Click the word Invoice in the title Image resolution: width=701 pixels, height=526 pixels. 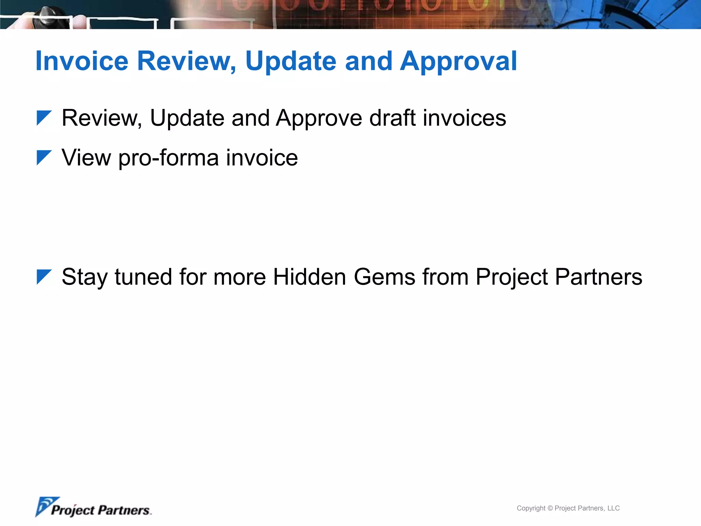coord(82,61)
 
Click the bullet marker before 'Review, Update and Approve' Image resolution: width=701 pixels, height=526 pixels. coord(44,118)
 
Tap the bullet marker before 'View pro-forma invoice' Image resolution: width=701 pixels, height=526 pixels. coord(44,158)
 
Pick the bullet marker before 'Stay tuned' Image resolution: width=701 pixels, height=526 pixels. coord(44,277)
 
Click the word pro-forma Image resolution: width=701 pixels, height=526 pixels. coord(168,158)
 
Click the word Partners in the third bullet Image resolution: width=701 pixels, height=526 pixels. coord(599,277)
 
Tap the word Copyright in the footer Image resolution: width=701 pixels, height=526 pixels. coord(531,508)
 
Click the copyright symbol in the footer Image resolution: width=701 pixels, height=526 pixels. coord(550,508)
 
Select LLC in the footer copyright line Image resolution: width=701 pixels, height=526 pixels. coord(613,508)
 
